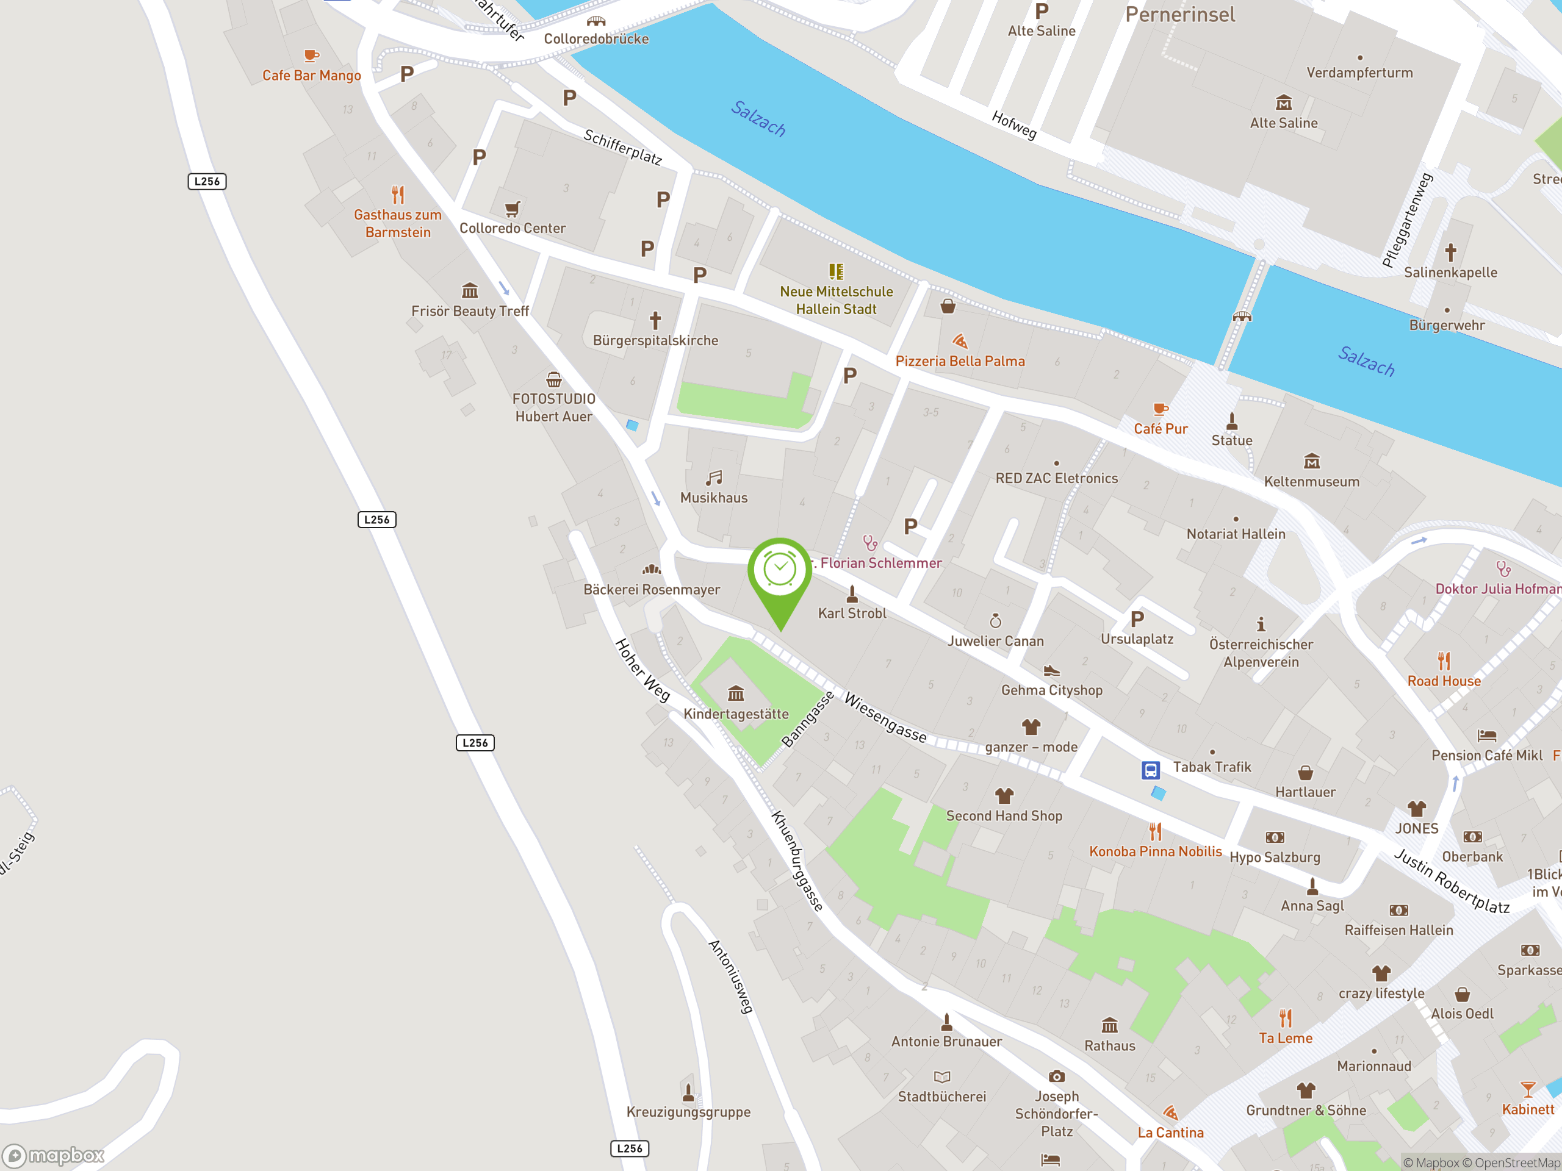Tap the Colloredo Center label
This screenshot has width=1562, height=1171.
(x=512, y=228)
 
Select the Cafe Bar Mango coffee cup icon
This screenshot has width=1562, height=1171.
(x=311, y=55)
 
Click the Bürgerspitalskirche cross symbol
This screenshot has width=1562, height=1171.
(x=655, y=320)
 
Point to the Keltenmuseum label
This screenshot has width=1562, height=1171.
(x=1311, y=481)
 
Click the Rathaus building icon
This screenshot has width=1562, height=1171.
(x=1109, y=1025)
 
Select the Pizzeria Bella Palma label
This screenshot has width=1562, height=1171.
(x=960, y=360)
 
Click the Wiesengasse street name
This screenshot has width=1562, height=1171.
(x=885, y=718)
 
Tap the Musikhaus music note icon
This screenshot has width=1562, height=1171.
(x=714, y=478)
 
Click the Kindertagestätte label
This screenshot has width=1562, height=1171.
(x=736, y=714)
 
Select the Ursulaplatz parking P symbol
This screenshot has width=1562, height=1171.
(x=1137, y=619)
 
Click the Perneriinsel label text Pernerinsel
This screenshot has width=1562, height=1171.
(x=1180, y=14)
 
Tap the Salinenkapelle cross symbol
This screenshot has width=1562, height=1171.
(x=1450, y=252)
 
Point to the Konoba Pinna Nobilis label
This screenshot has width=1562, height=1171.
(x=1155, y=851)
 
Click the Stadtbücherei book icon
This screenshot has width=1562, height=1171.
(x=942, y=1076)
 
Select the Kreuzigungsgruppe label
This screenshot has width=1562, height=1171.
(x=688, y=1112)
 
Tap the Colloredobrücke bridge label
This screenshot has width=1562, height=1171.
(x=596, y=39)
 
